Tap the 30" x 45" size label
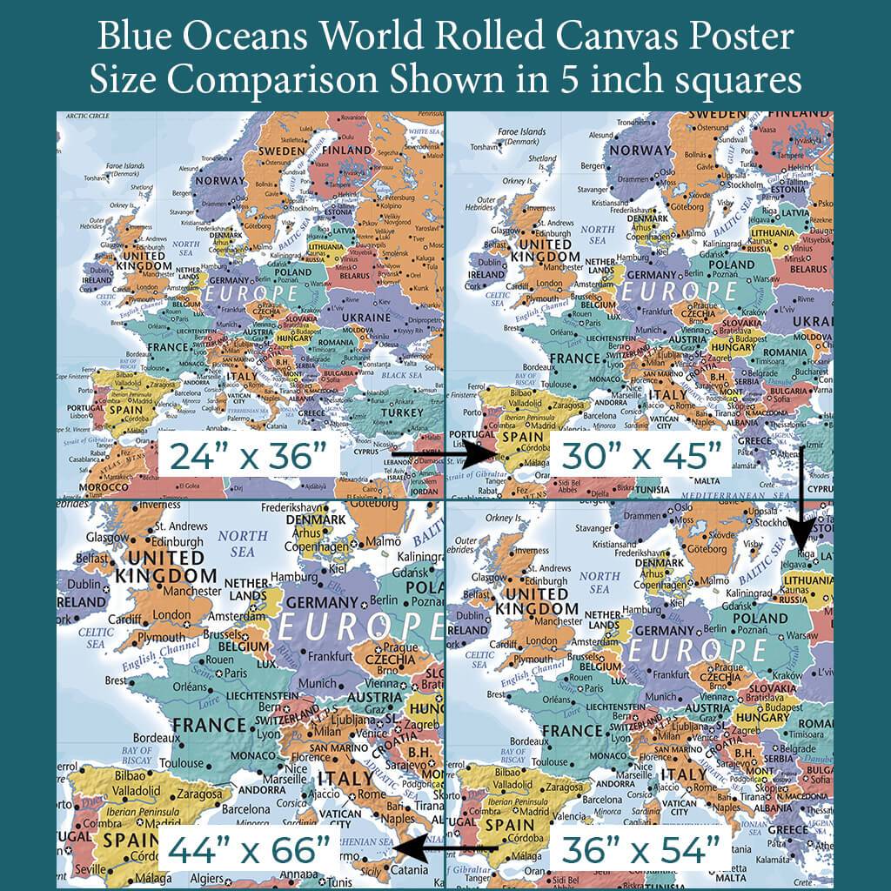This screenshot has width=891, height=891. tap(641, 455)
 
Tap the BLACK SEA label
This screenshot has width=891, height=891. tap(402, 375)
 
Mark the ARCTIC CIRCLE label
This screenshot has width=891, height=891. tap(87, 116)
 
